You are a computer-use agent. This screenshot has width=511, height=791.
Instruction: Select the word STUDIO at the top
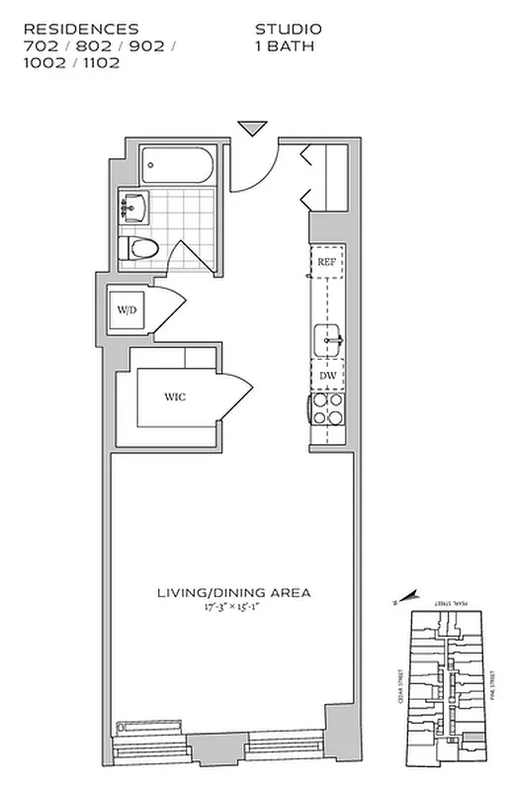(289, 30)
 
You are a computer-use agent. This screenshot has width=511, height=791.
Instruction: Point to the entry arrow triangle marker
(253, 128)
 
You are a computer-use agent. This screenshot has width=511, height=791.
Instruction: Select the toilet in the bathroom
(136, 248)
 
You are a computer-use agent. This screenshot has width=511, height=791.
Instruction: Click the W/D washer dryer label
(128, 310)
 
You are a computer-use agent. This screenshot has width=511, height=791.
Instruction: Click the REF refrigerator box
(327, 262)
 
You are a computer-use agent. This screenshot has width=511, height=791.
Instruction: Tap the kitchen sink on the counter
(328, 342)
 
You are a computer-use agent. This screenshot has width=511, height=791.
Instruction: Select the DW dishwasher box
(327, 377)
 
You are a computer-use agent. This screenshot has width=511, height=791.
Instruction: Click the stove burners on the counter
(327, 410)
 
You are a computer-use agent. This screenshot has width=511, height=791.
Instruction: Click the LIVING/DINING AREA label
(234, 593)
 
